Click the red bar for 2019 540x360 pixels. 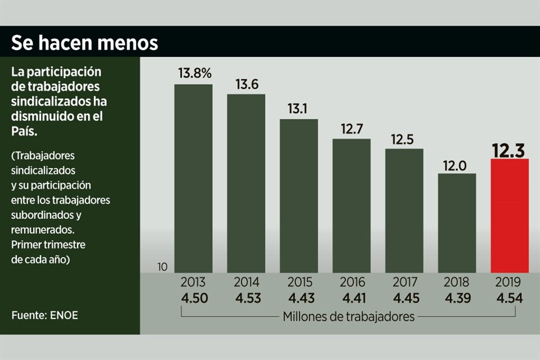point(510,216)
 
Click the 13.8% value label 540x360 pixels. point(195,73)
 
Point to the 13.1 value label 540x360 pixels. point(298,109)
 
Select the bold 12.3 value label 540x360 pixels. point(509,150)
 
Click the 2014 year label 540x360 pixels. point(246,282)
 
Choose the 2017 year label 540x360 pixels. point(404,282)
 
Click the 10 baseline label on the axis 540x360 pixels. point(163,267)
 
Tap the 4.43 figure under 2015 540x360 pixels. point(299,298)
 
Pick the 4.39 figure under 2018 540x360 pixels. point(457,298)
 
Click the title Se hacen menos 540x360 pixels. point(84,42)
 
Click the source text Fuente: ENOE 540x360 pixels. point(44,315)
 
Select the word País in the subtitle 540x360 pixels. point(23,130)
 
